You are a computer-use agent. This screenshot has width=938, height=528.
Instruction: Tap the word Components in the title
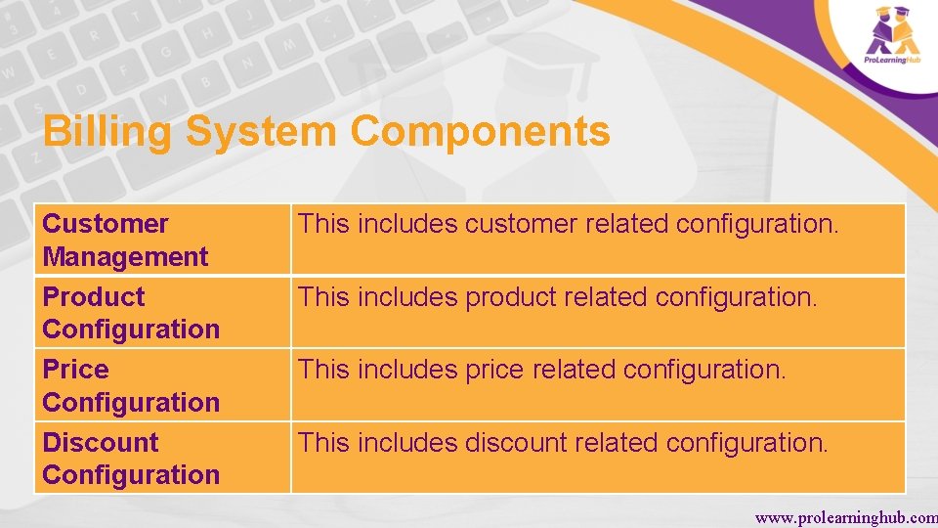(x=481, y=132)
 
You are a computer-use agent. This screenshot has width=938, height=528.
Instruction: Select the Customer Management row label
(x=125, y=241)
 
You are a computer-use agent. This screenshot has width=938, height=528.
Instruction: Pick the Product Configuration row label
(x=131, y=313)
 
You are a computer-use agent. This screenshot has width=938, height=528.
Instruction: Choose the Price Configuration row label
(x=131, y=386)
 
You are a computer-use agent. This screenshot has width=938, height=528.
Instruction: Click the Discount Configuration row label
(x=131, y=459)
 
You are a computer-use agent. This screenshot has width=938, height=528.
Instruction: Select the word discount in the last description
(x=513, y=443)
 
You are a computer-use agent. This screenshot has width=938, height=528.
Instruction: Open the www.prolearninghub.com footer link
(x=845, y=516)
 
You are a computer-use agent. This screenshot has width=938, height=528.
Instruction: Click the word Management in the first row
(x=125, y=257)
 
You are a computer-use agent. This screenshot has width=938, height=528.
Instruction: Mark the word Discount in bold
(x=101, y=442)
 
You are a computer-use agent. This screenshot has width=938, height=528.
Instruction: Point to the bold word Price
(x=76, y=370)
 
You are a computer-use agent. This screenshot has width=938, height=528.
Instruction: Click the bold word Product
(x=94, y=296)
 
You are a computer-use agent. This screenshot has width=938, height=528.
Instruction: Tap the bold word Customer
(x=106, y=224)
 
